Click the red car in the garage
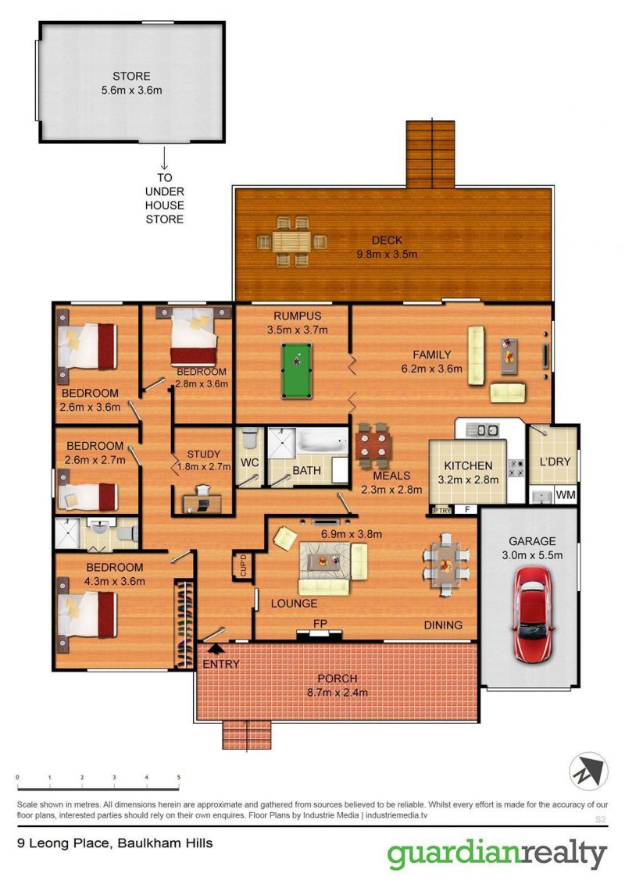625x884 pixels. coord(531,614)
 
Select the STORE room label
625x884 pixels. coord(131,76)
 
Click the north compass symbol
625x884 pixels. coord(588,772)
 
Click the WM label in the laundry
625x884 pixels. coord(566,495)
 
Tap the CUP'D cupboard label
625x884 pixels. coord(243,565)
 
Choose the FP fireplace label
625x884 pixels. coord(320,623)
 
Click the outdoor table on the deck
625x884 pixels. coord(291,241)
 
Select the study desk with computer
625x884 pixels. coord(202,502)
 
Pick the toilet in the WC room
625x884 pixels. coord(249,437)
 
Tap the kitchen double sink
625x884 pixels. coord(484,430)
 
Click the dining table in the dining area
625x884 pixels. coord(446,565)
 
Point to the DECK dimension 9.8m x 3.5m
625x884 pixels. coord(387,255)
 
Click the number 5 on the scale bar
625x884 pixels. coord(179,778)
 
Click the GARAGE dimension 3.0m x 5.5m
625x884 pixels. coord(532,555)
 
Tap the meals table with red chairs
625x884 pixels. coord(373,444)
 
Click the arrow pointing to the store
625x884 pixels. coord(164,158)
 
